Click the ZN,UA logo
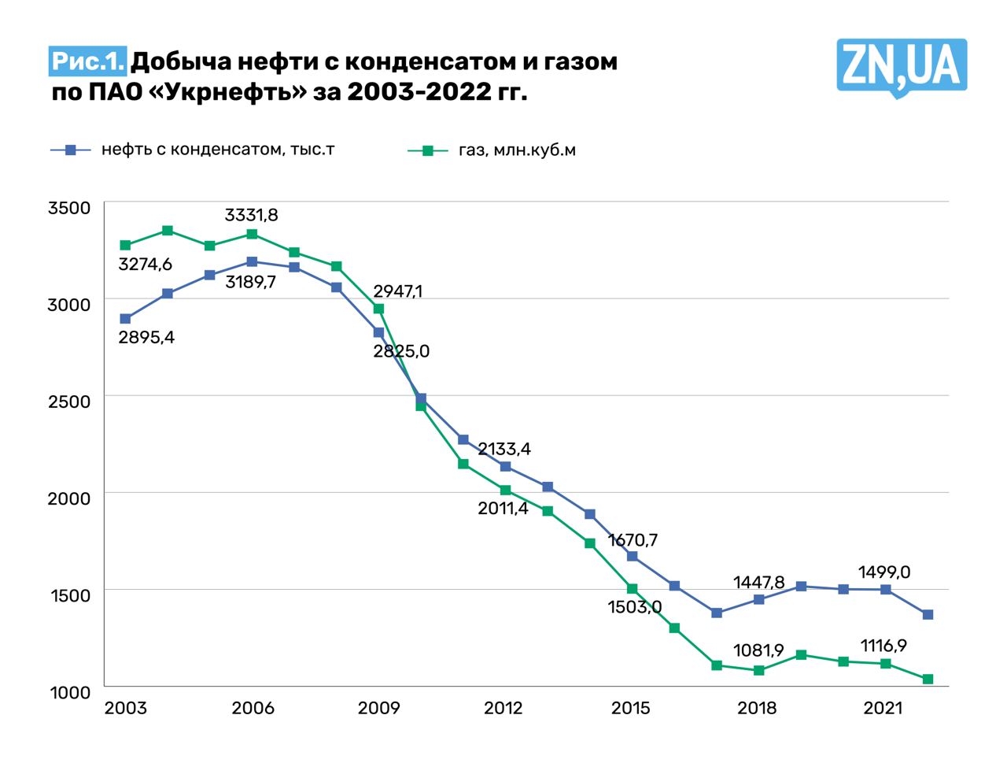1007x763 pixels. [x=901, y=66]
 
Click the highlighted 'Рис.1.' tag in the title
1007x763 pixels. [x=88, y=61]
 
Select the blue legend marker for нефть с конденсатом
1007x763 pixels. [x=71, y=150]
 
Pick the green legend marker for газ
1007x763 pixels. [x=428, y=150]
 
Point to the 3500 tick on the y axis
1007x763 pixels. [x=69, y=208]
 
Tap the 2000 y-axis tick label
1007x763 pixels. [x=69, y=498]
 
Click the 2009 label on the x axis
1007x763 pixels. [x=378, y=708]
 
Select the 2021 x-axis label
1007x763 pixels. [x=884, y=708]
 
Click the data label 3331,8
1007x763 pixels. [x=252, y=215]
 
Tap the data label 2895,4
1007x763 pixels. [x=146, y=338]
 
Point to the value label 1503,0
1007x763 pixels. [x=635, y=607]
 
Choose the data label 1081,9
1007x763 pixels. [x=758, y=650]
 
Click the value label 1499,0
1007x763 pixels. [x=884, y=572]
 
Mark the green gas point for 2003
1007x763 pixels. [x=125, y=245]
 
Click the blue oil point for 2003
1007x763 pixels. [x=125, y=319]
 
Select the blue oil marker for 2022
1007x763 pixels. [x=928, y=614]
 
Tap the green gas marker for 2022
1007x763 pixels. [x=928, y=679]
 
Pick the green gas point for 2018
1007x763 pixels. [x=759, y=671]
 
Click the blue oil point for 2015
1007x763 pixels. [x=632, y=556]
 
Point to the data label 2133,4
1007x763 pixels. [x=504, y=450]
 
